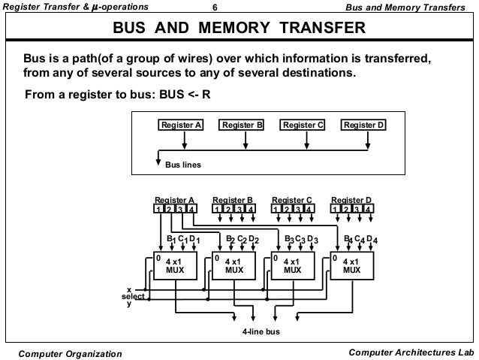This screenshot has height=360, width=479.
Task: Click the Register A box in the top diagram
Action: point(181,126)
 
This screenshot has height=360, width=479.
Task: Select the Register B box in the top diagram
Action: point(242,126)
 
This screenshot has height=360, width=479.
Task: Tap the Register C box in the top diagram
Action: point(302,126)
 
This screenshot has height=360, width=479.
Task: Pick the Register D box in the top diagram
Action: point(363,126)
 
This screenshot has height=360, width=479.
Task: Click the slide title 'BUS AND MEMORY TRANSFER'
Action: point(239,29)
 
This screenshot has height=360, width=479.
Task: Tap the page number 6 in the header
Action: point(215,8)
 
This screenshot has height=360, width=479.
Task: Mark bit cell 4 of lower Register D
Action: point(369,209)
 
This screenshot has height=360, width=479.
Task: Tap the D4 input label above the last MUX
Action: point(372,240)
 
